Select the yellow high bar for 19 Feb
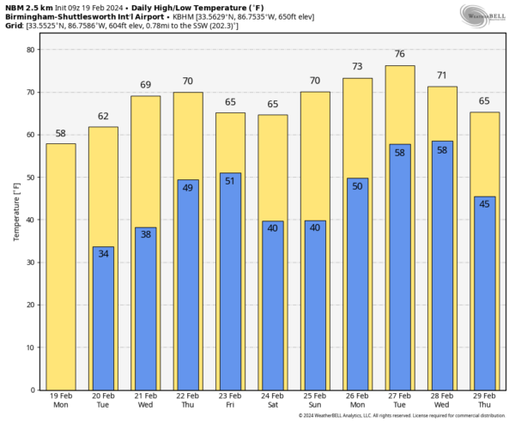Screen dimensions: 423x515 (60, 266)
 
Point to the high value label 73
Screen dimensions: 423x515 (357, 67)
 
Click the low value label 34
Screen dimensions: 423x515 (103, 254)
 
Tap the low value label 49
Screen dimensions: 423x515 (188, 187)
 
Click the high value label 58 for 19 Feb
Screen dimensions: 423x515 (60, 134)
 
